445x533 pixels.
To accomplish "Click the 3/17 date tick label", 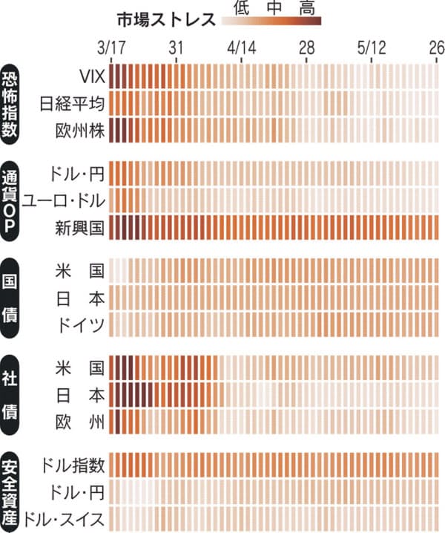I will click(112, 48).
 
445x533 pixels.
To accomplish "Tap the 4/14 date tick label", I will click(242, 48).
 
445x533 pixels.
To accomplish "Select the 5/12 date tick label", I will click(372, 48).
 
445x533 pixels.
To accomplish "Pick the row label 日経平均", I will click(76, 103).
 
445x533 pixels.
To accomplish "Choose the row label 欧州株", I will click(81, 130).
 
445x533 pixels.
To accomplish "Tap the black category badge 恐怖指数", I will click(13, 102).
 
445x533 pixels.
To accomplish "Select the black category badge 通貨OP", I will click(13, 200).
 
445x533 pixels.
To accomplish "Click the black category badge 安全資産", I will click(13, 491).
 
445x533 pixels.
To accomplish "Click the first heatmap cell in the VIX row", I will click(113, 76).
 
